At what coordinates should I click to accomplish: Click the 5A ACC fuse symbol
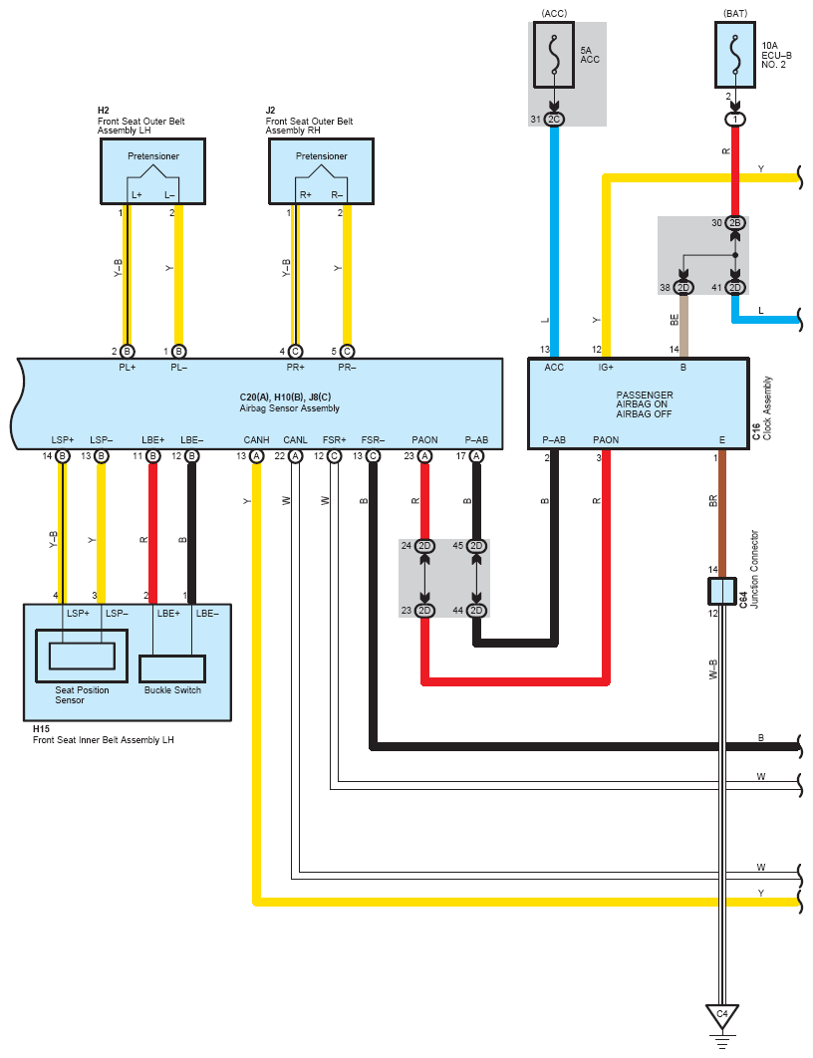pyautogui.click(x=554, y=55)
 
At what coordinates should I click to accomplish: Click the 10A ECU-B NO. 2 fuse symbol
pyautogui.click(x=734, y=55)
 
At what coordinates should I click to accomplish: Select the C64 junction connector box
pyautogui.click(x=722, y=591)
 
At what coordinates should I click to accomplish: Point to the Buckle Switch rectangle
pyautogui.click(x=172, y=668)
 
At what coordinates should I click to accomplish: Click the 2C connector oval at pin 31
pyautogui.click(x=554, y=120)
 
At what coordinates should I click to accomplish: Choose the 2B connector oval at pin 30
pyautogui.click(x=734, y=223)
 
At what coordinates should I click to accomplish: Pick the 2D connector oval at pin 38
pyautogui.click(x=683, y=288)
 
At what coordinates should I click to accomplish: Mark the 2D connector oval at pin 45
pyautogui.click(x=476, y=545)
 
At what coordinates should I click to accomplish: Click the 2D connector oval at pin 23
pyautogui.click(x=424, y=610)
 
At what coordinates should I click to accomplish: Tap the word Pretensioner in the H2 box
pyautogui.click(x=153, y=155)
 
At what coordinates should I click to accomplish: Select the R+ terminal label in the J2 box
pyautogui.click(x=306, y=195)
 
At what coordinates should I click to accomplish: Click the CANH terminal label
pyautogui.click(x=256, y=440)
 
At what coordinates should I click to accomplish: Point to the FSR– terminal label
pyautogui.click(x=373, y=440)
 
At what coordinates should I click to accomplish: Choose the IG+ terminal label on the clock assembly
pyautogui.click(x=606, y=367)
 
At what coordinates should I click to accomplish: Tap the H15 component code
pyautogui.click(x=41, y=728)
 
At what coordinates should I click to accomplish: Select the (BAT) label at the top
pyautogui.click(x=735, y=14)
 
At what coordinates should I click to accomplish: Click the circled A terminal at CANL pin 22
pyautogui.click(x=295, y=456)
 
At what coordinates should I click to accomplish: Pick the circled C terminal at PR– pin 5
pyautogui.click(x=347, y=352)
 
